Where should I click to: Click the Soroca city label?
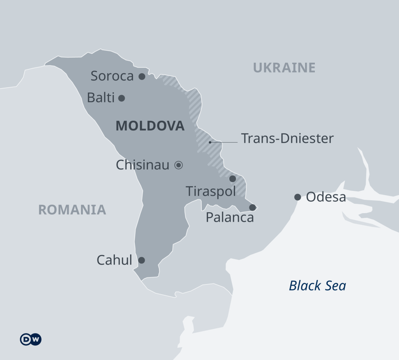(x=112, y=76)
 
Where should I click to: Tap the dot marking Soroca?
(x=142, y=76)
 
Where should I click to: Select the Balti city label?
(x=101, y=97)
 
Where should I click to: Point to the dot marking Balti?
(x=122, y=98)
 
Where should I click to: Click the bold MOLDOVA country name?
(x=150, y=126)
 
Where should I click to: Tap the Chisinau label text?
(x=143, y=165)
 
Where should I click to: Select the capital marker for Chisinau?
(x=178, y=165)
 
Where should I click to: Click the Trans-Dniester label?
(x=287, y=138)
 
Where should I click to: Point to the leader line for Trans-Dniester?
(x=224, y=142)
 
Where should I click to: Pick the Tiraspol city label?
(x=211, y=191)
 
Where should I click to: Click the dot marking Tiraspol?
(x=233, y=179)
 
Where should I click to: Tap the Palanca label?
(x=230, y=217)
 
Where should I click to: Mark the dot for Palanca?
(x=252, y=207)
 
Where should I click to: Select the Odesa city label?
(x=326, y=197)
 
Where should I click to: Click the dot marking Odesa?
(x=298, y=197)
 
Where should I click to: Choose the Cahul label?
(x=115, y=260)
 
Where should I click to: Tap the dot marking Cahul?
(x=142, y=260)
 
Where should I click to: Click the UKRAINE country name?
(x=284, y=68)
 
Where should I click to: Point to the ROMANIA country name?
(x=72, y=210)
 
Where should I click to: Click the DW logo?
(x=31, y=339)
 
